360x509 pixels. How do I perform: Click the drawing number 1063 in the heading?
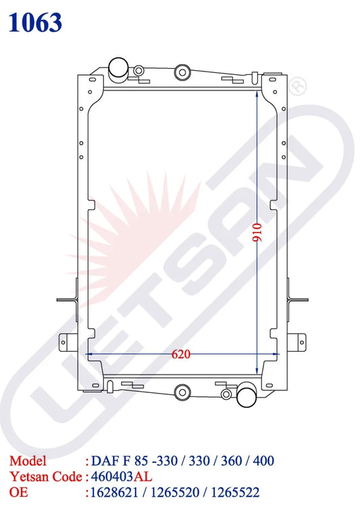coord(36,22)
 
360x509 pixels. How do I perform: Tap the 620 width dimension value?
coord(180,353)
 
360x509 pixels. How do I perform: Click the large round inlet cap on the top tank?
coord(119,68)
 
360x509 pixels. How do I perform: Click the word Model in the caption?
coord(28,461)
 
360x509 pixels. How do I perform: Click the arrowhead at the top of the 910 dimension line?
coord(257,97)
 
